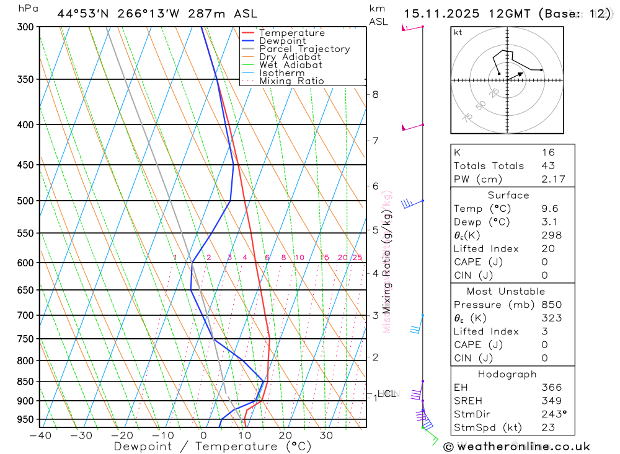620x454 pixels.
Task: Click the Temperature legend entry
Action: point(291,33)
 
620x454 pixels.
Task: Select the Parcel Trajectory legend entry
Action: point(304,49)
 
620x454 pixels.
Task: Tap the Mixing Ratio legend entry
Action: point(291,81)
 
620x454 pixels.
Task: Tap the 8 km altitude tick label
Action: point(375,94)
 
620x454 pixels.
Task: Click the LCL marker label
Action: point(386,393)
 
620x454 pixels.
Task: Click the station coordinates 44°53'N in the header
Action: point(82,14)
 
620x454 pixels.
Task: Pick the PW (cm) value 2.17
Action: point(552,179)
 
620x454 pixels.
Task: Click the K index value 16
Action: point(548,152)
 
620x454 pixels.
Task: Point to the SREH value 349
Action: point(551,401)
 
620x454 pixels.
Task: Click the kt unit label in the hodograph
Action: point(458,32)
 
